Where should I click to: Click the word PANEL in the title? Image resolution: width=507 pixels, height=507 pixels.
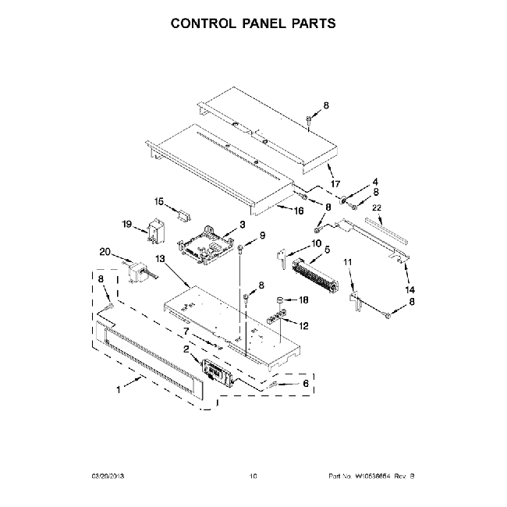[253, 23]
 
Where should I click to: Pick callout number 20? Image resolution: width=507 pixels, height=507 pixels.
[105, 251]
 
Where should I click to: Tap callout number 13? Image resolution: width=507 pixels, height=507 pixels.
[161, 258]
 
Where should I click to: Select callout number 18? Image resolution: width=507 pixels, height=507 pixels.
[304, 299]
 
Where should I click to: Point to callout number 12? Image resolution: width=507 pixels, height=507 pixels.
[304, 325]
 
